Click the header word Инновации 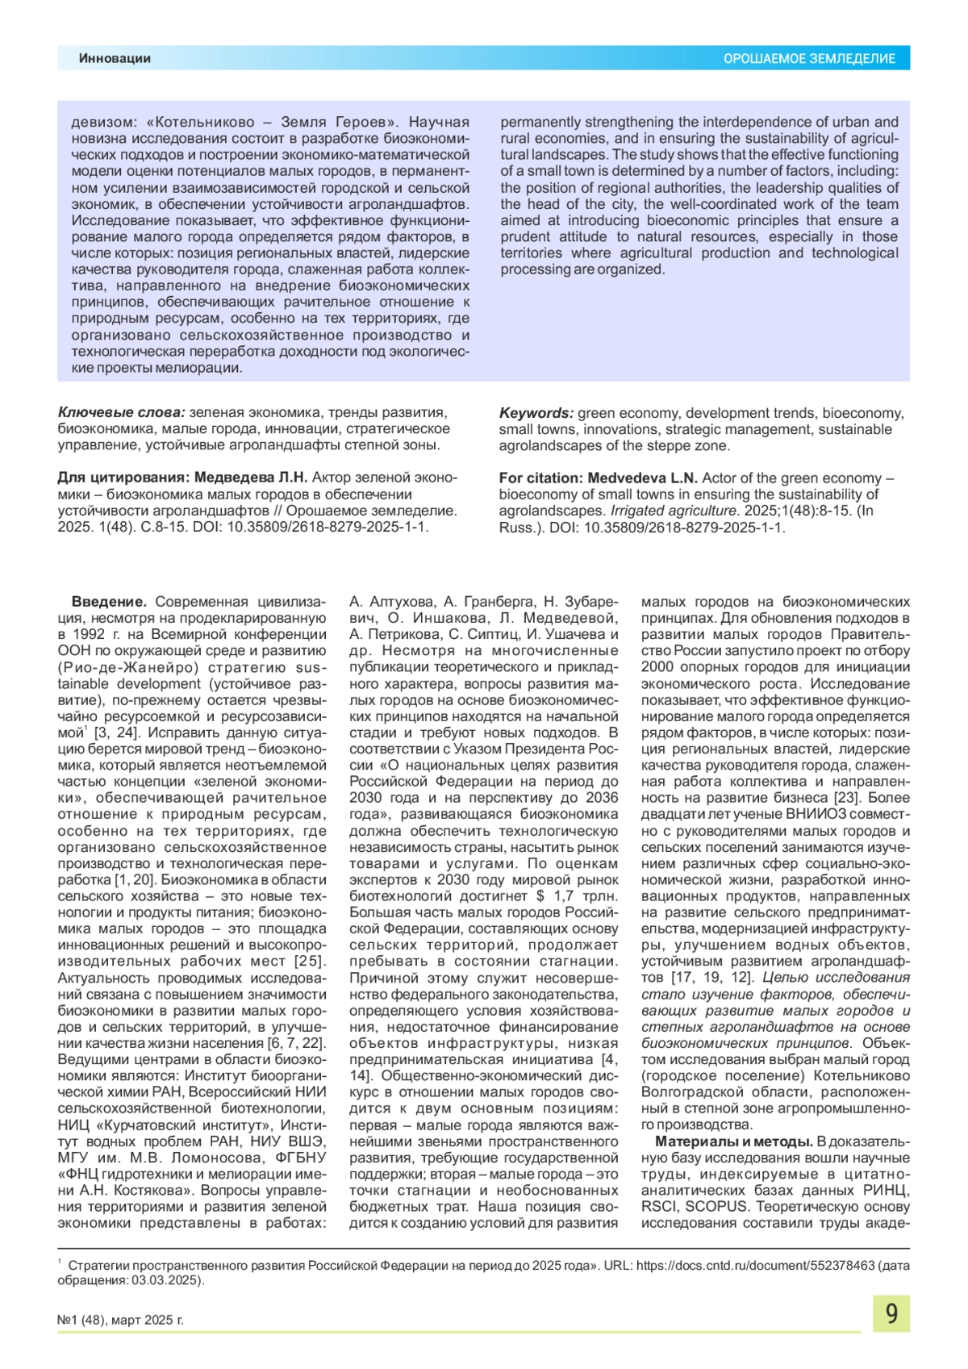pos(115,58)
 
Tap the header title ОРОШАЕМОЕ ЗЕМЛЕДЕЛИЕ pos(808,59)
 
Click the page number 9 pos(891,1313)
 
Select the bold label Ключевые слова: pos(121,412)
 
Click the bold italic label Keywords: pos(536,413)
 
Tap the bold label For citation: pos(540,478)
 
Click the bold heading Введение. pos(109,602)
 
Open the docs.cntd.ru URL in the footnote pos(755,1266)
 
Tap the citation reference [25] pos(310,961)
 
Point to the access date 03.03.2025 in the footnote pos(169,1280)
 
